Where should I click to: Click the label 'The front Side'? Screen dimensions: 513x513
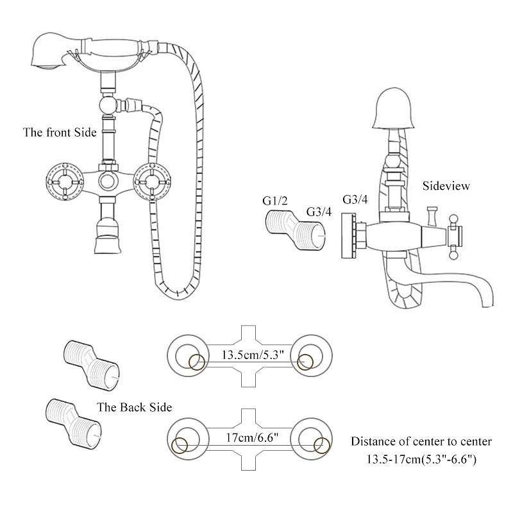pos(60,133)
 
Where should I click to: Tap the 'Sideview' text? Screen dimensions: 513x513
pos(446,186)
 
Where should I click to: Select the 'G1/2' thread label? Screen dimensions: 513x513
pos(274,201)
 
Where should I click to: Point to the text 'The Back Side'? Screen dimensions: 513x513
pos(134,407)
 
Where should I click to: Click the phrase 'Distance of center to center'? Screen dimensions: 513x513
pos(421,441)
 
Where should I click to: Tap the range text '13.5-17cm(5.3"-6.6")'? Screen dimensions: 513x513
pos(421,459)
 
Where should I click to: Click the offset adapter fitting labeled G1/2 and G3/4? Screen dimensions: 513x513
pos(292,231)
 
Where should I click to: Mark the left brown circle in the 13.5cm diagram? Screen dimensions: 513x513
pos(197,362)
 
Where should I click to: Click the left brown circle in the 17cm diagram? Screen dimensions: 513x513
pos(180,445)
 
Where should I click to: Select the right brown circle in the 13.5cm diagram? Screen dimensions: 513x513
pos(305,362)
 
